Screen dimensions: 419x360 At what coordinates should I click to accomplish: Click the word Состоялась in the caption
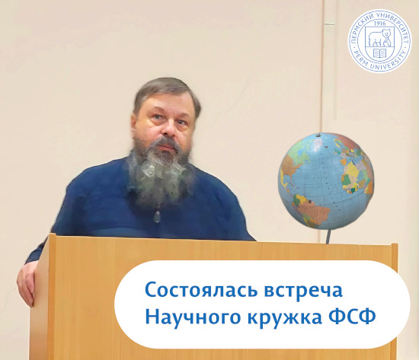point(201,290)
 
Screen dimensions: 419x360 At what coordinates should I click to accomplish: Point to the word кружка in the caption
point(285,318)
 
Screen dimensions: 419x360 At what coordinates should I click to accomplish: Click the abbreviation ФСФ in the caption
point(352,316)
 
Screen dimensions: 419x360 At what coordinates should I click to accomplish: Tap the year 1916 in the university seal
point(379,24)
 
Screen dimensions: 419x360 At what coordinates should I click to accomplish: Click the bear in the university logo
point(379,37)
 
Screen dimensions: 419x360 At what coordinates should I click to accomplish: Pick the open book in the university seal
point(379,53)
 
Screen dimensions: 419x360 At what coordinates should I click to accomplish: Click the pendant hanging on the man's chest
point(157,216)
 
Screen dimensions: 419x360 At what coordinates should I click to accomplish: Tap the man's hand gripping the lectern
point(27,282)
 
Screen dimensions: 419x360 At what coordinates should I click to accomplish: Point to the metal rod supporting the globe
point(328,237)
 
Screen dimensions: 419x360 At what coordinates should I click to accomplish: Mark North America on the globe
point(291,166)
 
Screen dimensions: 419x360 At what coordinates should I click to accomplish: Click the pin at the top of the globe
point(318,134)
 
